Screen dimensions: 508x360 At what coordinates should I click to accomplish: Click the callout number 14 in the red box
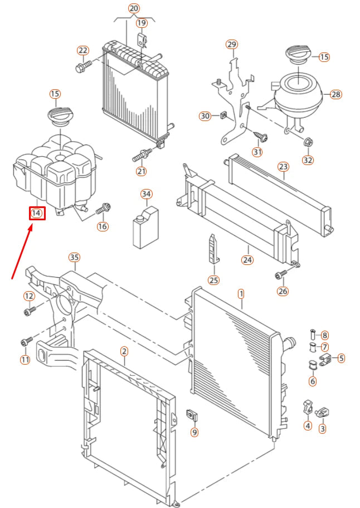coord(37,212)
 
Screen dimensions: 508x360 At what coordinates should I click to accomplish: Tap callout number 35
coord(74,258)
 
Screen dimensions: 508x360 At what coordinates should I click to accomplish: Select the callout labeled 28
coord(335,94)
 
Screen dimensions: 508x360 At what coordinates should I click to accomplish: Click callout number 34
coord(146,194)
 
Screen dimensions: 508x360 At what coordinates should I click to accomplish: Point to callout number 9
coord(194,432)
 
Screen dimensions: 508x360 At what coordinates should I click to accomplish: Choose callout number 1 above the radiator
coord(241,293)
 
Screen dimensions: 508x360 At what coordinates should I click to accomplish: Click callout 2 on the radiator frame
coord(124,351)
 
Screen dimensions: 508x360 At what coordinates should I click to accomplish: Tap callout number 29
coord(232,45)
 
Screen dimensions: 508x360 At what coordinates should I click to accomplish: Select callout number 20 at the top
coord(134,8)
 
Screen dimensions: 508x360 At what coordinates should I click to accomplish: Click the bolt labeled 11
coord(25,341)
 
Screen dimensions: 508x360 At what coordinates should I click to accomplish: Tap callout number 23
coord(283,166)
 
